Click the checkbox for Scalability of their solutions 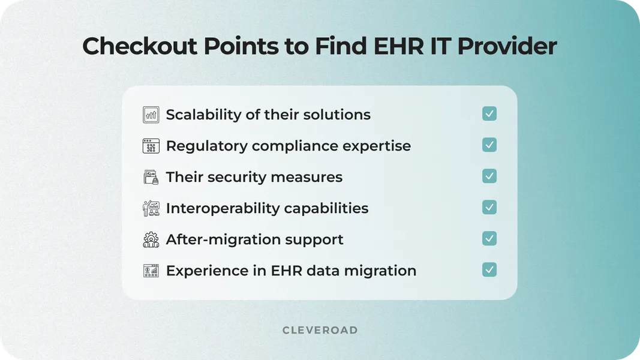tap(489, 114)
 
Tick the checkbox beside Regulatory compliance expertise tap(489, 145)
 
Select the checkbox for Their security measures tap(489, 176)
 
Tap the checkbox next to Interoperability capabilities tap(489, 208)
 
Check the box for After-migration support tap(489, 239)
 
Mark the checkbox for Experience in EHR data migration tap(489, 270)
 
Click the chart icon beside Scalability tap(151, 115)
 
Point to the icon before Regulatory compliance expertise tap(151, 146)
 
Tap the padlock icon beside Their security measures tap(151, 178)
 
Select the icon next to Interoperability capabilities tap(151, 208)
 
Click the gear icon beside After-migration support tap(151, 239)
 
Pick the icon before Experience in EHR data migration tap(151, 271)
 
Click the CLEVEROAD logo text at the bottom tap(320, 330)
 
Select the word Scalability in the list tap(204, 115)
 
